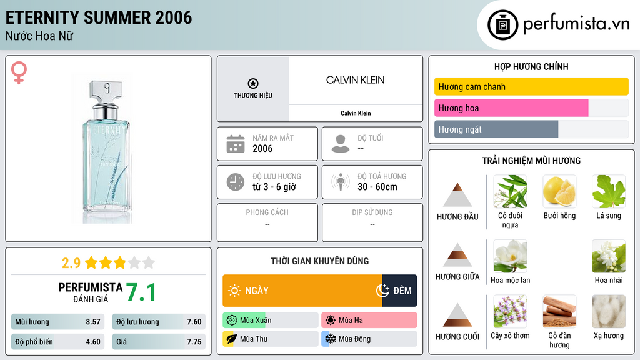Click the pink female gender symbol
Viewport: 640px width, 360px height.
pyautogui.click(x=19, y=73)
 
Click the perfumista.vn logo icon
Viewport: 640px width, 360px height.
pyautogui.click(x=502, y=25)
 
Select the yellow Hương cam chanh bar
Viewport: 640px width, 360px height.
pyautogui.click(x=531, y=86)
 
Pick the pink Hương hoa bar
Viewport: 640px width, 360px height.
pyautogui.click(x=511, y=108)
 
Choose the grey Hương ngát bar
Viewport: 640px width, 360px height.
pyautogui.click(x=496, y=129)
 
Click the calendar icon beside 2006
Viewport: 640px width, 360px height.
pyautogui.click(x=236, y=144)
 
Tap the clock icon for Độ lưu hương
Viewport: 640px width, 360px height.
pyautogui.click(x=236, y=182)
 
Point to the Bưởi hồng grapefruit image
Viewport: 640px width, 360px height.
pyautogui.click(x=559, y=191)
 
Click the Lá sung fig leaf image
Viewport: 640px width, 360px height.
pyautogui.click(x=609, y=191)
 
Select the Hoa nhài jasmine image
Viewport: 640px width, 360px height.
pyautogui.click(x=609, y=256)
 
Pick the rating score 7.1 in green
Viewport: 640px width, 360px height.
pyautogui.click(x=141, y=292)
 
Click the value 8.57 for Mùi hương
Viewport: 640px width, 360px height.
pyautogui.click(x=93, y=322)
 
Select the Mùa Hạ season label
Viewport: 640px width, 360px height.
pyautogui.click(x=351, y=321)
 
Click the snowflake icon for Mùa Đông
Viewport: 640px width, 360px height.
pyautogui.click(x=329, y=339)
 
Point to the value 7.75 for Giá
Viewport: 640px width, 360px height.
pyautogui.click(x=194, y=342)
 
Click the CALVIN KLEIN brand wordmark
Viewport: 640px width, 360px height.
pyautogui.click(x=355, y=80)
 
